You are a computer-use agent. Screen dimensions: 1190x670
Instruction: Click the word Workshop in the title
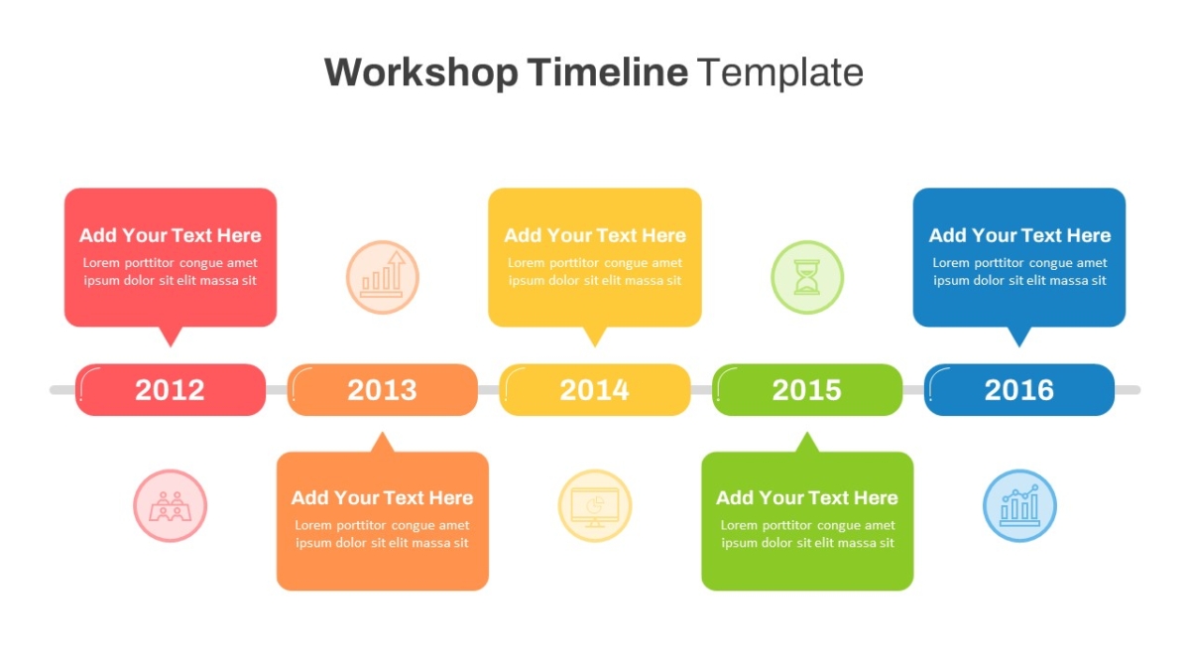tap(421, 72)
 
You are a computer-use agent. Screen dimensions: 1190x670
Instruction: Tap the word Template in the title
tap(779, 72)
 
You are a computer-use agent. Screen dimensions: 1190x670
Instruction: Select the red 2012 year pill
tap(170, 390)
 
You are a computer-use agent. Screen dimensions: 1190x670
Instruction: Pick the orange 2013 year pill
tap(383, 390)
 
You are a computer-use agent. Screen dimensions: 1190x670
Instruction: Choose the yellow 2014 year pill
tap(594, 390)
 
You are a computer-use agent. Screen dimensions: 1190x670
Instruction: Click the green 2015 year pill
tap(807, 390)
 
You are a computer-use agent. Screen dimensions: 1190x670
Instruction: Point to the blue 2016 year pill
tap(1019, 390)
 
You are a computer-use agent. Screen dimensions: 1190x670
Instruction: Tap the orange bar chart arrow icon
tap(383, 277)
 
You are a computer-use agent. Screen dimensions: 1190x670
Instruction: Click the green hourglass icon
tap(807, 277)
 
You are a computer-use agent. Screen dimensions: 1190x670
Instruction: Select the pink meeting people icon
tap(170, 505)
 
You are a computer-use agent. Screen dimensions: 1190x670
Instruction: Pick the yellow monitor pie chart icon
tap(594, 505)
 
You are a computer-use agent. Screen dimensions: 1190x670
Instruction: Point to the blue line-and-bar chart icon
tap(1019, 505)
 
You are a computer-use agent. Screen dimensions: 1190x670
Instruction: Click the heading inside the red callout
tap(170, 235)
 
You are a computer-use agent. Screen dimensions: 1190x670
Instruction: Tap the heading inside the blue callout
tap(1019, 235)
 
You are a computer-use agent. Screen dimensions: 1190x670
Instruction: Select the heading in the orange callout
tap(383, 497)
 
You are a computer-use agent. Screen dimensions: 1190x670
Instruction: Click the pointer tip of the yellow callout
tap(594, 347)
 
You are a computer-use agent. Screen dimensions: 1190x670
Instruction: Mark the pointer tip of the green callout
tap(807, 433)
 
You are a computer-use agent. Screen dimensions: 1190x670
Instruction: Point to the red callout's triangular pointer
tap(171, 336)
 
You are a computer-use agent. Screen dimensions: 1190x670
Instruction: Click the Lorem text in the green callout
tap(807, 534)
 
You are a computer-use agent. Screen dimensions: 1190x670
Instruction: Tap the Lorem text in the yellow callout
tap(594, 271)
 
